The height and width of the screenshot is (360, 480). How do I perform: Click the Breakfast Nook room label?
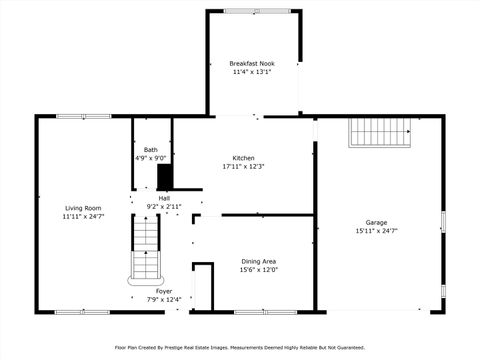coord(252,63)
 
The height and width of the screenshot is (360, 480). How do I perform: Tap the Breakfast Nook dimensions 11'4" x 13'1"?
coord(252,72)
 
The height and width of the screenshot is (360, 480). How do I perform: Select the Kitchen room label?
coord(243,158)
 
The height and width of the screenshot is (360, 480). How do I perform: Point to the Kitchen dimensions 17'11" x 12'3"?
coord(243,167)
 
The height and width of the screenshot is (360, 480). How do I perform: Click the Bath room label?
coord(151,149)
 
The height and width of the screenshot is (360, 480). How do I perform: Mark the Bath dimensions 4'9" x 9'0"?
coord(151,158)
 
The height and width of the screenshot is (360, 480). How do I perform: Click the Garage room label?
coord(376,222)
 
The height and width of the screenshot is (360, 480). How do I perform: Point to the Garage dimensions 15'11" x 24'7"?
coord(376,231)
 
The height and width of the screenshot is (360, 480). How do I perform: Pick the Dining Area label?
coord(258,261)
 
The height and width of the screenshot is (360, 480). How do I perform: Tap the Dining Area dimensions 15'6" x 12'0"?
coord(258,270)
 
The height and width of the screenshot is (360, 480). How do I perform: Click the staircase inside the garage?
coord(380,132)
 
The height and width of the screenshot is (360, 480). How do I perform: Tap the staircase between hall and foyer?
coord(145,250)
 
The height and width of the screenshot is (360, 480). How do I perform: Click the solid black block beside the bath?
coord(165,177)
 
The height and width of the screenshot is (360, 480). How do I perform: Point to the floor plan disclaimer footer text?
coord(240,348)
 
